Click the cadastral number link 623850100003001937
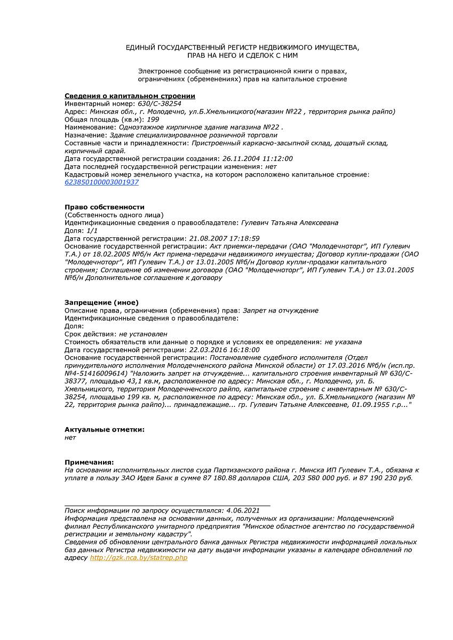click(101, 182)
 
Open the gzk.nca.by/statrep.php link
click(139, 558)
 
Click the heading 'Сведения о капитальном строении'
click(130, 96)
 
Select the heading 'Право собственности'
click(105, 207)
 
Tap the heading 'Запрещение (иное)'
click(101, 302)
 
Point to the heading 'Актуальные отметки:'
click(105, 429)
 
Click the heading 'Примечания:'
click(89, 462)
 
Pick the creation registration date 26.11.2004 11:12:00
click(257, 159)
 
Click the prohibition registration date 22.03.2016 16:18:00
click(224, 350)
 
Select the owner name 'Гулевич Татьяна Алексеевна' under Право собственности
click(290, 222)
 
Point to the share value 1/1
click(92, 230)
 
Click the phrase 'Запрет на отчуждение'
click(281, 310)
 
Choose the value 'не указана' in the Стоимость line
click(343, 342)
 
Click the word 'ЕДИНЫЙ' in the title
click(140, 47)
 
